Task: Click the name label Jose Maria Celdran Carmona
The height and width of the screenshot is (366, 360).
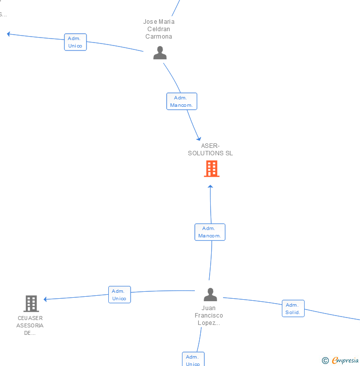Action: coord(159,29)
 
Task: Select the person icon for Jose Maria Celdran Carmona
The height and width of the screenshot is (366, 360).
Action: coord(160,52)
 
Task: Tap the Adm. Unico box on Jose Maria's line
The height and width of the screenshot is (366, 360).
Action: coord(75,42)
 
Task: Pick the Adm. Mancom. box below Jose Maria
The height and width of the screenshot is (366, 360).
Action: coord(182,101)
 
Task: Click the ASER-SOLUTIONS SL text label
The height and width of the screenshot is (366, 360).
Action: coord(210,149)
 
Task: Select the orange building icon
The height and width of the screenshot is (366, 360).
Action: coord(211,169)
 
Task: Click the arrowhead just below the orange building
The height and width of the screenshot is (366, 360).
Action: coord(210,187)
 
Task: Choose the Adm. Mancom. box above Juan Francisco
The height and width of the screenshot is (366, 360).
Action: coord(210,232)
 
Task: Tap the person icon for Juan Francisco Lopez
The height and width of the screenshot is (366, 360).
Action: coord(210,295)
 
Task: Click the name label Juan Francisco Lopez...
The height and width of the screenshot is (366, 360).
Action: coord(209,316)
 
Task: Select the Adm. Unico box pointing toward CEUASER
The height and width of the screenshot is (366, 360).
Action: coord(119,295)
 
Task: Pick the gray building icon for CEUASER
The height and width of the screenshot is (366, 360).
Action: coord(31,303)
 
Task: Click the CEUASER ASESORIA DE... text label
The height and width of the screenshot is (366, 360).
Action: coord(30,325)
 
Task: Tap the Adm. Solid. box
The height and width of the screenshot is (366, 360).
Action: coord(293,309)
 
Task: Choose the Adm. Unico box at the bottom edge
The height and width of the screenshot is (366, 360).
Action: coord(193,360)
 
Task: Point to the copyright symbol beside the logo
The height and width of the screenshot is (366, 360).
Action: coord(325,361)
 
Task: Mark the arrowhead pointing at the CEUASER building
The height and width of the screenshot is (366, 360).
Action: coord(45,299)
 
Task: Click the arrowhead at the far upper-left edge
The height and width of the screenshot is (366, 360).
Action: coord(8,34)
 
